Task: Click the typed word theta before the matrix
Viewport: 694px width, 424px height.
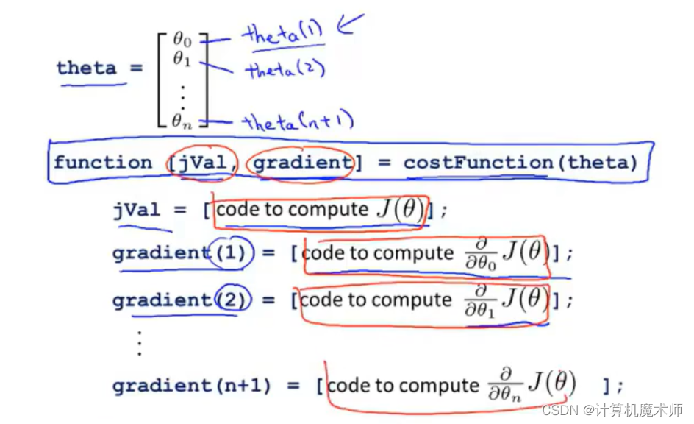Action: click(x=86, y=68)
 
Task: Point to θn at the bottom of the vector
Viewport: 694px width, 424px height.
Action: click(x=182, y=121)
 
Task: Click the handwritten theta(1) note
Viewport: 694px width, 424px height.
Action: click(x=283, y=33)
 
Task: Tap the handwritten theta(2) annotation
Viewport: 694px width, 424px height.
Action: click(x=285, y=70)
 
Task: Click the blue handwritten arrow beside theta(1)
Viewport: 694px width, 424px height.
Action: click(x=350, y=27)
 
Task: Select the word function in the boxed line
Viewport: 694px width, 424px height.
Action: click(x=103, y=163)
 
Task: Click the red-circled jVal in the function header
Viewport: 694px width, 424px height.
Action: click(x=201, y=163)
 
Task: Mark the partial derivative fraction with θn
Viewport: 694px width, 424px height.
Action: click(x=504, y=384)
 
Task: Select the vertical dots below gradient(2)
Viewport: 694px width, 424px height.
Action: click(x=138, y=342)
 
